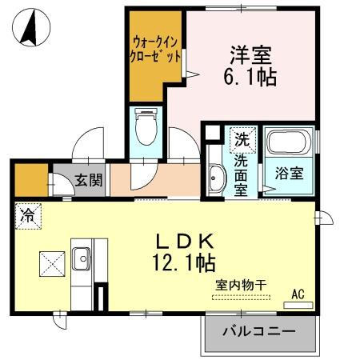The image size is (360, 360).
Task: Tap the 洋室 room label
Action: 250,55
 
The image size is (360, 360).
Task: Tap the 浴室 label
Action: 288,173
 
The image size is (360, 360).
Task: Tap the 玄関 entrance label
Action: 89,180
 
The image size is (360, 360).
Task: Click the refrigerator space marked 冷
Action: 27,214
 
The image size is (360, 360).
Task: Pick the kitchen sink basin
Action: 82,258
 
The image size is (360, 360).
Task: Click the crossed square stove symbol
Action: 53,262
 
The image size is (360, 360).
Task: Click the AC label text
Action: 298,294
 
